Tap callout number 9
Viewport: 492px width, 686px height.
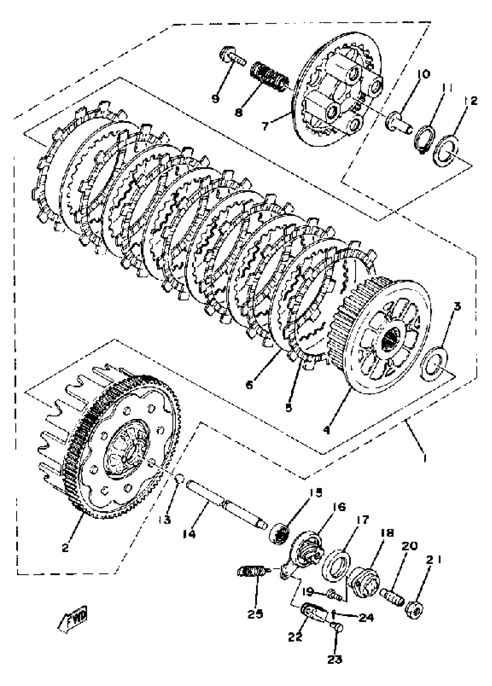(215, 99)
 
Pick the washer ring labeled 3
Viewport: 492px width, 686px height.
(435, 364)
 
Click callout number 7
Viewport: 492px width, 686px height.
(265, 126)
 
